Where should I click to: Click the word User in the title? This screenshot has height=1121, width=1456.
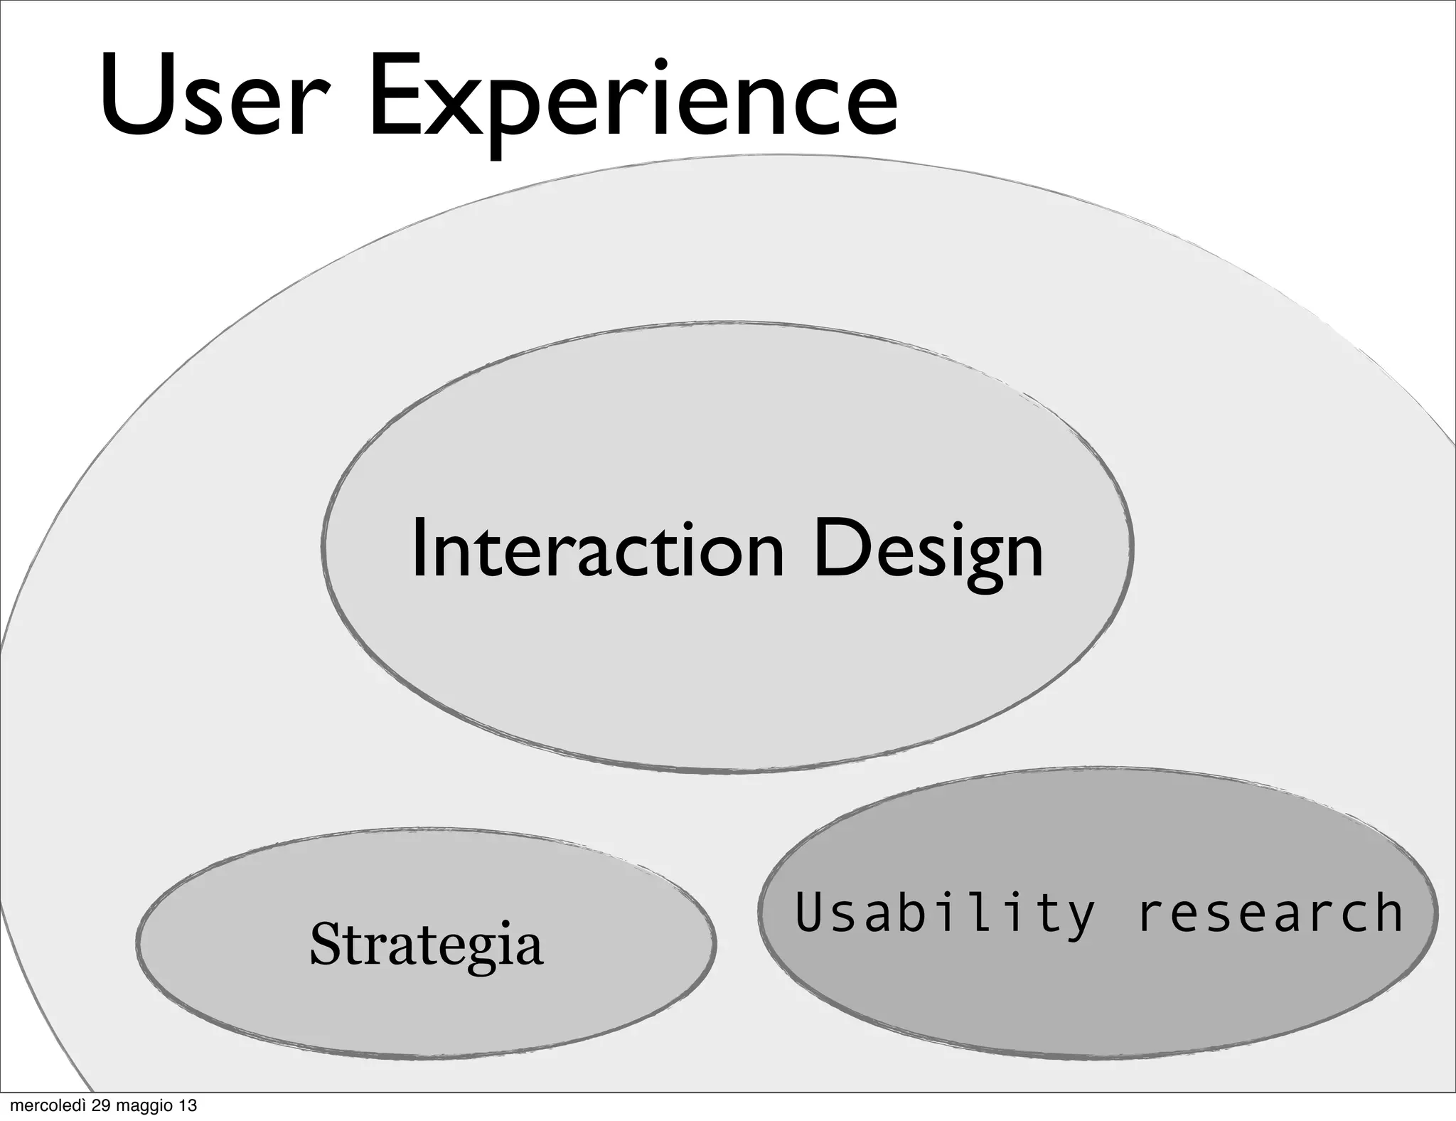tap(205, 96)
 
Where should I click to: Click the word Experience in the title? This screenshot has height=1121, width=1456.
tap(633, 100)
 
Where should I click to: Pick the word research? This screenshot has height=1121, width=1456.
tap(1270, 913)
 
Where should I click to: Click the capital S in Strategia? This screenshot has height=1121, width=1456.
tap(325, 943)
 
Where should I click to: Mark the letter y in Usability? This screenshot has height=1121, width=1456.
tap(1079, 918)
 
